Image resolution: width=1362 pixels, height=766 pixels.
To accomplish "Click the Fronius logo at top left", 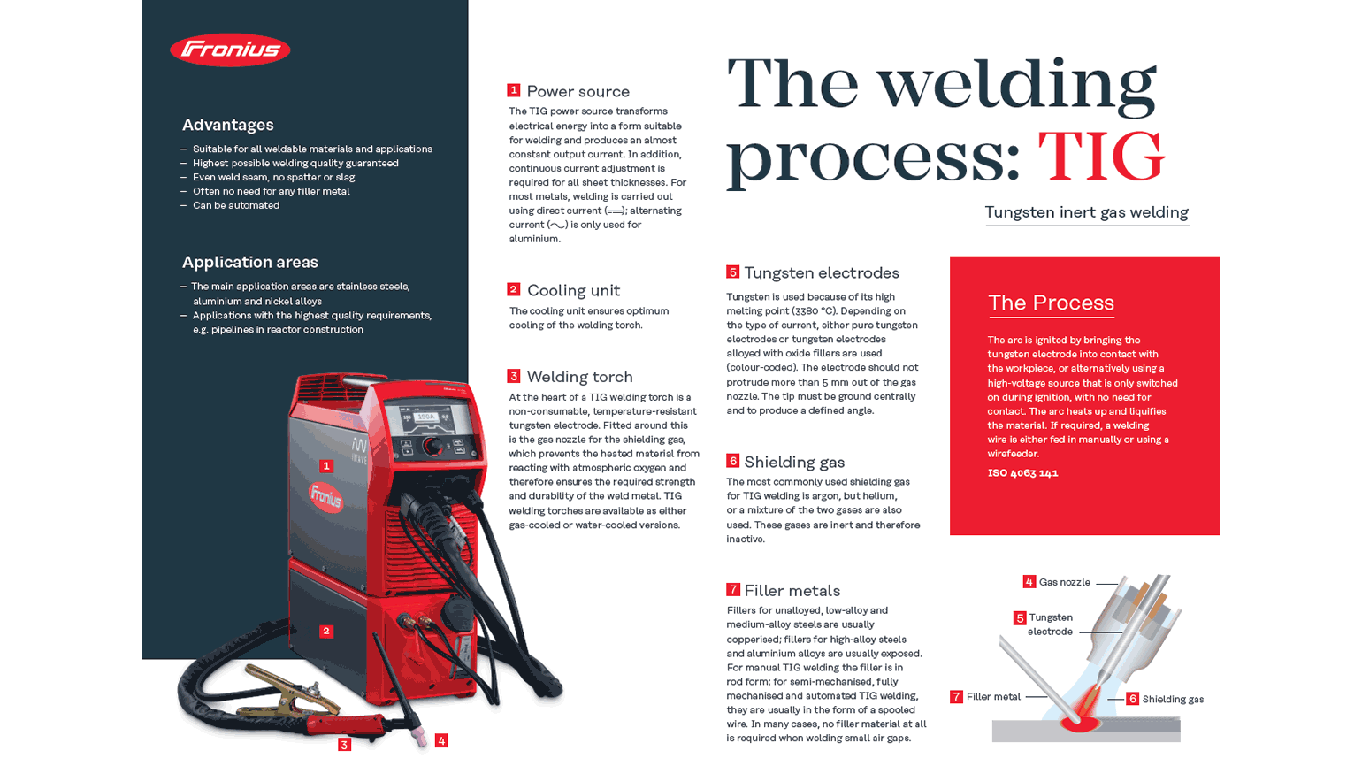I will tap(230, 50).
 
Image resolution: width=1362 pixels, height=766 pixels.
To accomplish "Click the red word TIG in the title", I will tap(1100, 157).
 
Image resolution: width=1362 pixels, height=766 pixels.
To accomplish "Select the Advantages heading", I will tap(227, 125).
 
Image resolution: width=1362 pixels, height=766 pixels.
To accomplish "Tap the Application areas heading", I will tap(249, 262).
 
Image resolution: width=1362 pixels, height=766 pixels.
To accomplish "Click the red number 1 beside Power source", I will tap(513, 90).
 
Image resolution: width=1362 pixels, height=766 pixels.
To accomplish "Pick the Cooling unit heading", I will tap(573, 290).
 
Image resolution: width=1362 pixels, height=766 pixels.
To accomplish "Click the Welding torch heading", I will tap(579, 377).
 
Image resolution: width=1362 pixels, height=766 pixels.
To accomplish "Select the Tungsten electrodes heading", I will tap(821, 273).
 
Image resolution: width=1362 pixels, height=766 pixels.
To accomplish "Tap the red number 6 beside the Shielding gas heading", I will tap(732, 461).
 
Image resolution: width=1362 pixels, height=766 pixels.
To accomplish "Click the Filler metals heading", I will tap(792, 591).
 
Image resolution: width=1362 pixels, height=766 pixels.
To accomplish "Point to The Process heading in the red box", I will tap(1051, 303).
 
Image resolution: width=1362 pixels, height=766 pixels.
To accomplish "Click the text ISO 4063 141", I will tap(1022, 473).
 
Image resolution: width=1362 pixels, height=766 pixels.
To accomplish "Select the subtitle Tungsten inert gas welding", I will tap(1086, 212).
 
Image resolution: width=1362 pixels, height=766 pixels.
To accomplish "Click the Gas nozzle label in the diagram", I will tap(1064, 582).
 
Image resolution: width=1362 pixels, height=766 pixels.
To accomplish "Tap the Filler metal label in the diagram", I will tap(993, 697).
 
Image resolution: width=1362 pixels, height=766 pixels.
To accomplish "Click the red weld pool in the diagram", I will tap(1080, 724).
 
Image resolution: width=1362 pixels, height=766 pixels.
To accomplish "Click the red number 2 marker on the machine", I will tap(326, 631).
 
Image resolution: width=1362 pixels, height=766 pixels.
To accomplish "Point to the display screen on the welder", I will tap(426, 417).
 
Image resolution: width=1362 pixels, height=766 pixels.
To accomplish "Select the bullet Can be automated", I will tap(235, 205).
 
